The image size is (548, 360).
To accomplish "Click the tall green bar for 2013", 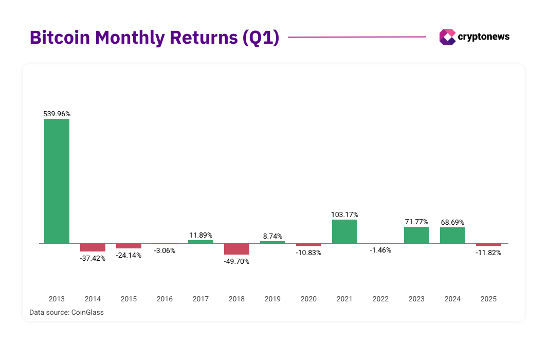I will click(57, 181).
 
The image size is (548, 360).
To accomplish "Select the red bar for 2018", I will click(236, 249).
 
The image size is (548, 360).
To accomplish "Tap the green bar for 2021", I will click(344, 231).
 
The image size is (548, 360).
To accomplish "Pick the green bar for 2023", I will click(416, 235).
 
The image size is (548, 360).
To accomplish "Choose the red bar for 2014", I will click(93, 247).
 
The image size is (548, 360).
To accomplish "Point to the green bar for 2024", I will click(452, 236).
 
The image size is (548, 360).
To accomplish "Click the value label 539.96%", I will click(57, 114).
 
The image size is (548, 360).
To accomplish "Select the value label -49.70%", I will click(236, 261).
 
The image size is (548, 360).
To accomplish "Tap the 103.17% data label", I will click(344, 214).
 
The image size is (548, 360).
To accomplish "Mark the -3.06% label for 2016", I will click(165, 251).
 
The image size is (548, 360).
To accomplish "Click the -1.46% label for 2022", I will click(380, 250).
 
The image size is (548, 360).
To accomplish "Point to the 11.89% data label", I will click(200, 235).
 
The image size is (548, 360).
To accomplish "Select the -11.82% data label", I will click(488, 253).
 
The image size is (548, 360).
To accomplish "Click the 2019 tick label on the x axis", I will click(272, 299).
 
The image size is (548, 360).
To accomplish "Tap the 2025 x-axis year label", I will click(488, 299).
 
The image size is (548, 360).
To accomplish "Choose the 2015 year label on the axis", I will click(129, 299).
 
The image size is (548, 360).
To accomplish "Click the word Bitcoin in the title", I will click(60, 38).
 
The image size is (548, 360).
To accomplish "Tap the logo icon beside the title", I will click(447, 37).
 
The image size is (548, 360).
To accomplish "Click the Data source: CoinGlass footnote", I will click(66, 312).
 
